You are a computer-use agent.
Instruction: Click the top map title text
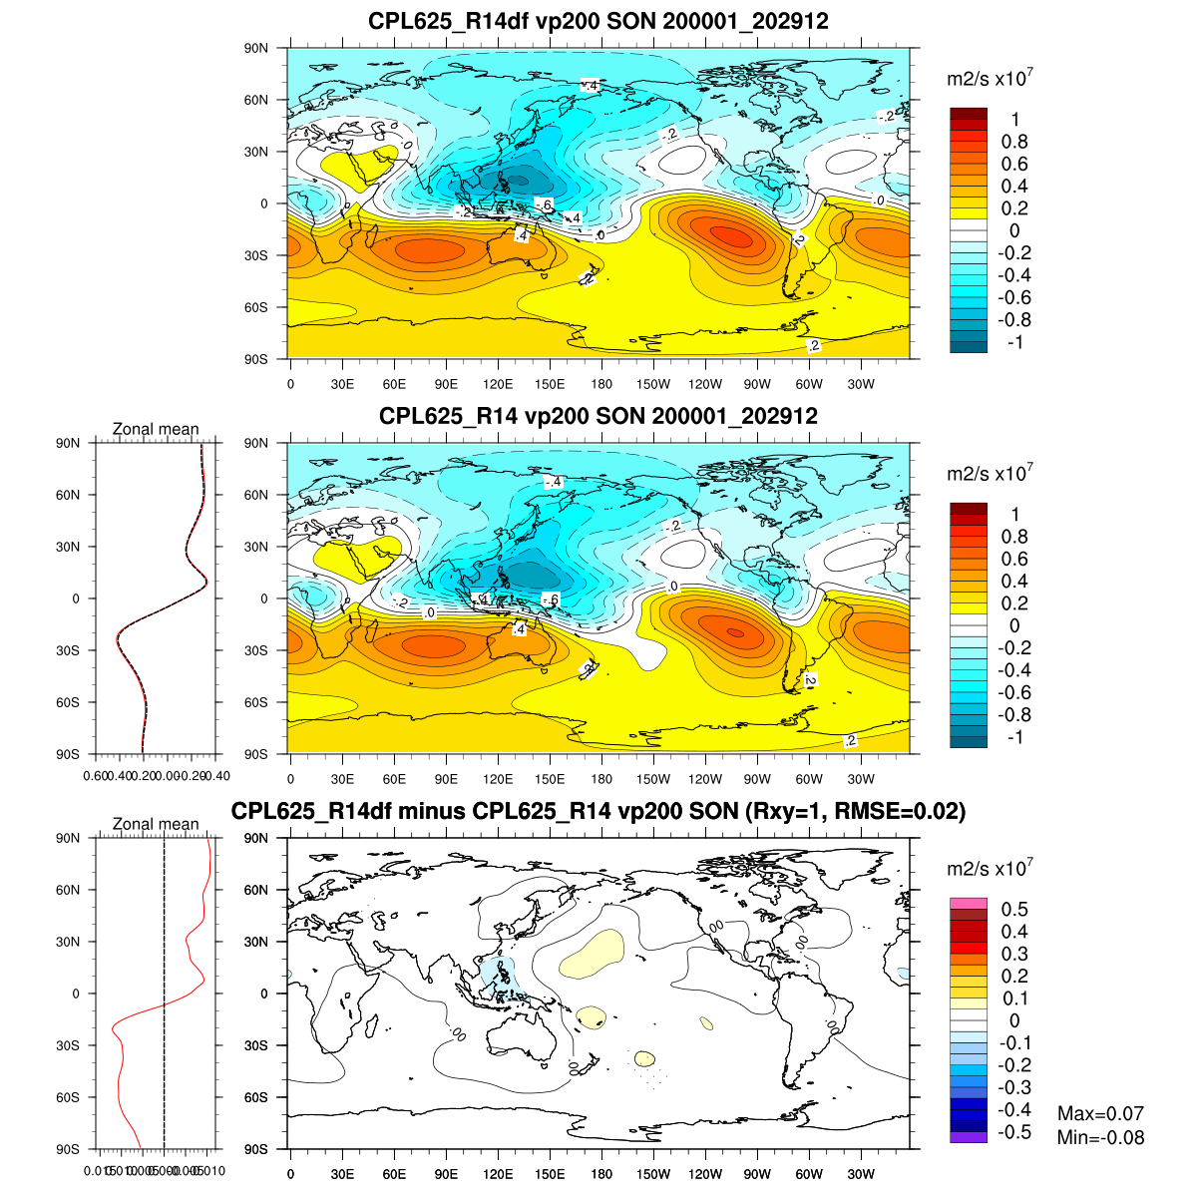598,21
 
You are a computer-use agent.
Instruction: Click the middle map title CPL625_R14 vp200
598,416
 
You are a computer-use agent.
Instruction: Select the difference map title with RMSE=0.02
598,811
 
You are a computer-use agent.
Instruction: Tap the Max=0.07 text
1100,1113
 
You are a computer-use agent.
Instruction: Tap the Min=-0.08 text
1100,1137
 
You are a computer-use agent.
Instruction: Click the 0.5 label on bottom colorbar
1014,909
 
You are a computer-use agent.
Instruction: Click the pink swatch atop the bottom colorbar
969,904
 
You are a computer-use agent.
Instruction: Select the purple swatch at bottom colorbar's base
969,1136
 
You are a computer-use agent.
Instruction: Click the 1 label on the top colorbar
1014,120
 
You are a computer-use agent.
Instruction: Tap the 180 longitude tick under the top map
601,384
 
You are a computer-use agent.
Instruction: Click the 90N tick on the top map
257,48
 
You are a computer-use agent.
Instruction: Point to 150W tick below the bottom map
653,1174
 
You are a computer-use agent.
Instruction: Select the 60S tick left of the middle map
257,702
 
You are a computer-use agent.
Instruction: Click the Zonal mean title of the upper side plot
156,429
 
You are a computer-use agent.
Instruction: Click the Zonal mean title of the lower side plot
156,824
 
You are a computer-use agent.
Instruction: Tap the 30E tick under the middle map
342,779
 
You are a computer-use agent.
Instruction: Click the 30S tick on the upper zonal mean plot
69,650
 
